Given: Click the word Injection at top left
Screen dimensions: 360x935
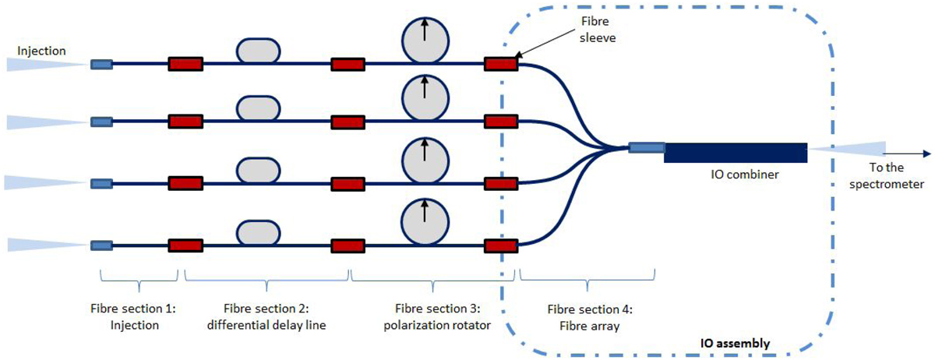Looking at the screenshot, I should [x=41, y=52].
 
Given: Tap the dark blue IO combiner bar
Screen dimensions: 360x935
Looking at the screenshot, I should [x=735, y=153].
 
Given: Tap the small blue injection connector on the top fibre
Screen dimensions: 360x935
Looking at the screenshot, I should [x=101, y=64].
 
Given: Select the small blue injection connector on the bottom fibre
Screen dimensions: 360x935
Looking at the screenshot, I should [x=101, y=245].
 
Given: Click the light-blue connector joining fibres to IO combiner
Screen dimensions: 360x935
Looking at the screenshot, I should [x=646, y=147].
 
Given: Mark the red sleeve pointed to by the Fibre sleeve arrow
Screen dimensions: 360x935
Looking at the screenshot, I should [x=500, y=64].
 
